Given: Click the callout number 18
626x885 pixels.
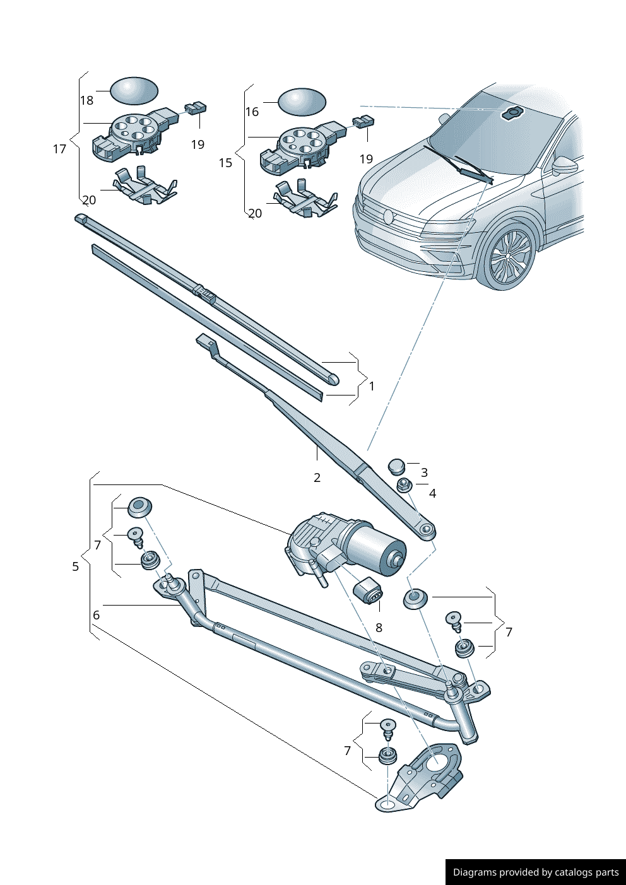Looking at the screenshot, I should coord(86,100).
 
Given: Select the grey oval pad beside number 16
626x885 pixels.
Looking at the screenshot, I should coord(302,102).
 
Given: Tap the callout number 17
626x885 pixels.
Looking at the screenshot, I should coord(59,149).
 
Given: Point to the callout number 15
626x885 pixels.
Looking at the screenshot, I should coord(225,163).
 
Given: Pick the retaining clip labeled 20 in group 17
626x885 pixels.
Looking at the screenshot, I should coord(145,186).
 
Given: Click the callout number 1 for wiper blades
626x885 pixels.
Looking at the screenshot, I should coord(372,385).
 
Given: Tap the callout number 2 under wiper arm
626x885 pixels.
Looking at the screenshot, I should coord(317,478).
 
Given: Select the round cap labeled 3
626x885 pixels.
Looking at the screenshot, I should coord(396,467).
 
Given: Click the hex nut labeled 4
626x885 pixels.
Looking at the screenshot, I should coord(405,485).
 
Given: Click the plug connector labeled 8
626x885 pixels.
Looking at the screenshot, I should coord(368,591).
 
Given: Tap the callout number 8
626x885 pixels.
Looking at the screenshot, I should coord(379,628).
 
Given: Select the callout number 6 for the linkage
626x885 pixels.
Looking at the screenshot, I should coord(96,615).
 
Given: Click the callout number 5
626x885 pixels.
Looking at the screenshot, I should coord(75,566).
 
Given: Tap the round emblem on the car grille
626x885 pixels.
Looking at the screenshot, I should coord(388,216).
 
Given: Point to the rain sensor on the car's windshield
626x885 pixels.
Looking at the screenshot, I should coord(512,113).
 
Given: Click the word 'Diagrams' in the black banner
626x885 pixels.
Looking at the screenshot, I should coord(474,872).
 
